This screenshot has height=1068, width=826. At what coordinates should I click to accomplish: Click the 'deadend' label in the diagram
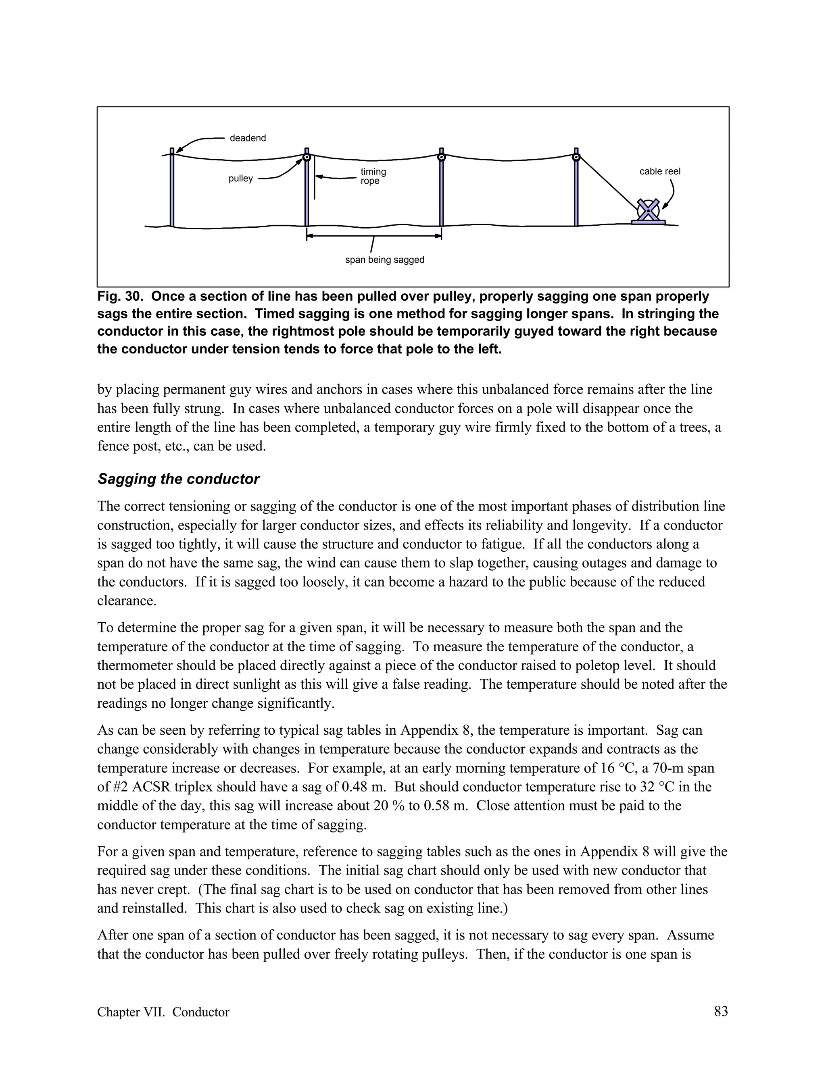pyautogui.click(x=248, y=138)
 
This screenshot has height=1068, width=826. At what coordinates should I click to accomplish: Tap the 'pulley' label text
pyautogui.click(x=241, y=179)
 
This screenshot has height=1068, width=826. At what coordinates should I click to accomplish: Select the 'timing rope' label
pyautogui.click(x=373, y=177)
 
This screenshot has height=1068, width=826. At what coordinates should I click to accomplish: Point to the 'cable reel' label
pyautogui.click(x=659, y=172)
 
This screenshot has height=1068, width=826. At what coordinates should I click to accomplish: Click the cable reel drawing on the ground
pyautogui.click(x=648, y=211)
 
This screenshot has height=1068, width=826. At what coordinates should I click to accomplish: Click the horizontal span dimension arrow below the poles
pyautogui.click(x=374, y=236)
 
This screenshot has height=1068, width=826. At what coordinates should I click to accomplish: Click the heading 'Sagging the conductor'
pyautogui.click(x=179, y=479)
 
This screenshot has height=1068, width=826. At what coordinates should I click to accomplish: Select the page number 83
pyautogui.click(x=721, y=1011)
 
